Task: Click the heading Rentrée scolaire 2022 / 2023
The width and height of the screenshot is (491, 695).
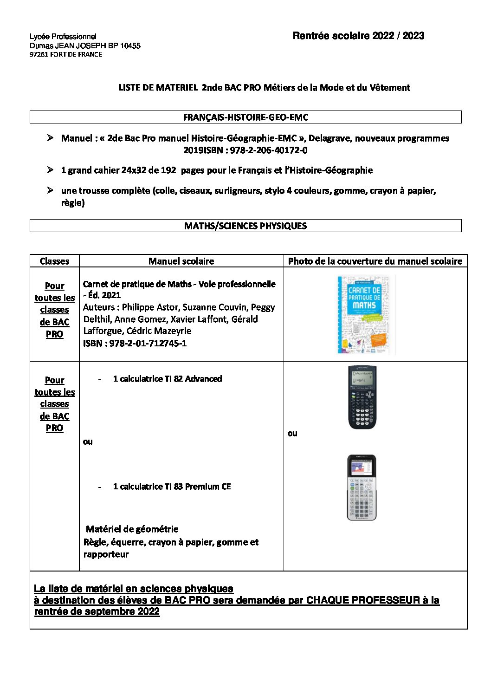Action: (x=358, y=36)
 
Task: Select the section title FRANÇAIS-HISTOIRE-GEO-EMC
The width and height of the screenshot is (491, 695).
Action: (x=245, y=117)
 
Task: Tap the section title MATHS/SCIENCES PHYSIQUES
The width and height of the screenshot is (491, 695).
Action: (x=245, y=226)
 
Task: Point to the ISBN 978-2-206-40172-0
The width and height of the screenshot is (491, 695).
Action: (x=269, y=150)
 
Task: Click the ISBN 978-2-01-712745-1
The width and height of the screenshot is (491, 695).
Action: (x=148, y=343)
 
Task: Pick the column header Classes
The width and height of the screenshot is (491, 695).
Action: (x=54, y=261)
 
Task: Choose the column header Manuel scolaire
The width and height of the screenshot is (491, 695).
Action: (x=181, y=261)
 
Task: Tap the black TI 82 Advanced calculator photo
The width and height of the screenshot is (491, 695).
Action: (x=362, y=397)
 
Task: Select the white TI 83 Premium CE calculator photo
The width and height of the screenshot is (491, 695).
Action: (x=362, y=487)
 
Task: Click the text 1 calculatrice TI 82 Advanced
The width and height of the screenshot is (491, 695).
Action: (x=167, y=379)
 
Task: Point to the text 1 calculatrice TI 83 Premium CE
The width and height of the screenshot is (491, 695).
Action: (x=172, y=487)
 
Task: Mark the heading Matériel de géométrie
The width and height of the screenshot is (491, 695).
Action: (x=132, y=529)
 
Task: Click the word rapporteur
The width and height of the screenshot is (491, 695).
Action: (x=106, y=554)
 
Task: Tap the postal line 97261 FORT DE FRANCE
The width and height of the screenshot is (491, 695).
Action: (x=66, y=54)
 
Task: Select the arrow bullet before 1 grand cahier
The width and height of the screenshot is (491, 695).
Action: (x=50, y=170)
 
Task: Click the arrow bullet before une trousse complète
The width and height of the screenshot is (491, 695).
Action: (x=50, y=190)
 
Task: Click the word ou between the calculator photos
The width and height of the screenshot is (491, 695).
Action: (x=292, y=433)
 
